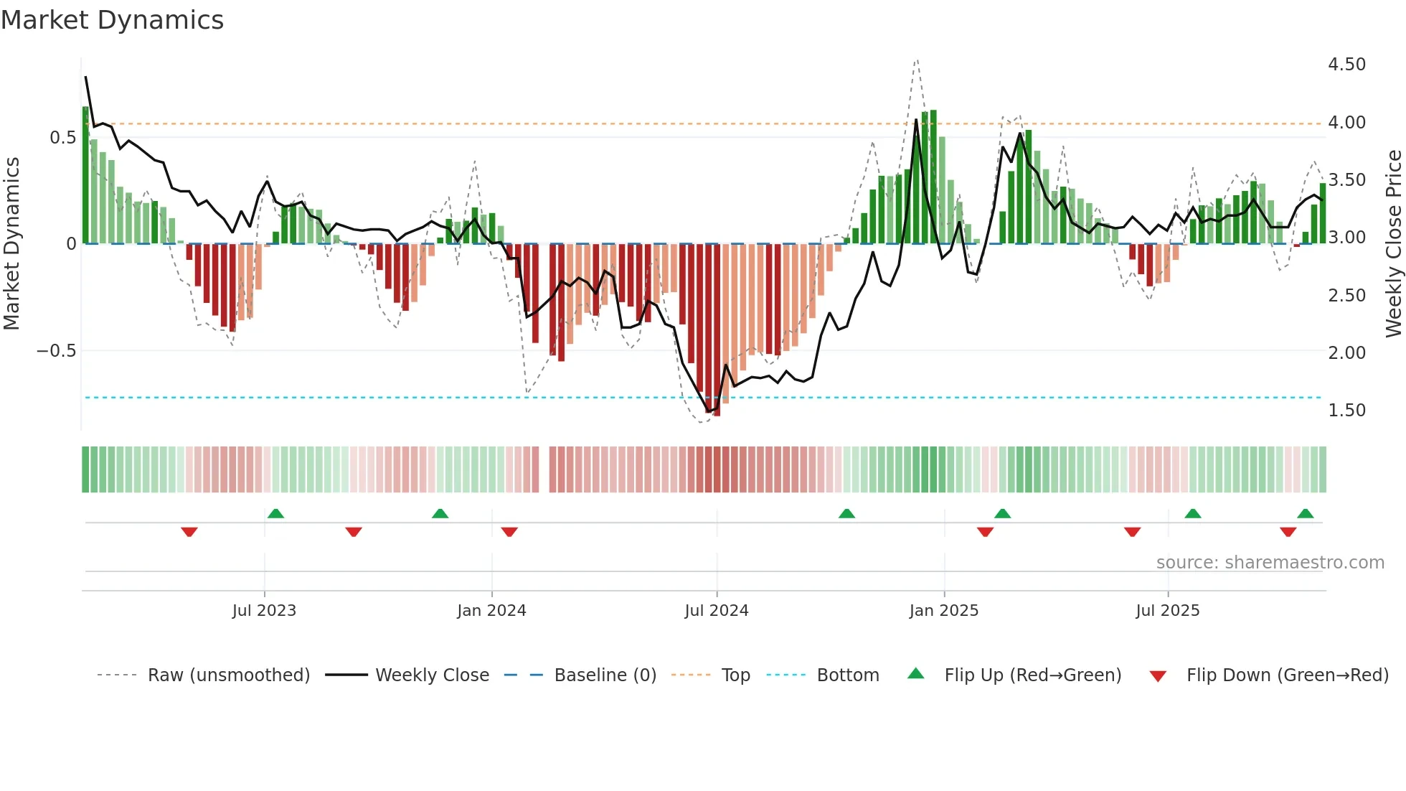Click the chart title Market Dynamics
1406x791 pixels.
(112, 20)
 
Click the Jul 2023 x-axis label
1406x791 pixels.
(264, 611)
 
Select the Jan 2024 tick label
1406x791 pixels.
(491, 611)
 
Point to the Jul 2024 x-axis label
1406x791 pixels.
(717, 611)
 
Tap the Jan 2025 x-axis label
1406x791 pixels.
(943, 611)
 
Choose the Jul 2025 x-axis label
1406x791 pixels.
(1167, 611)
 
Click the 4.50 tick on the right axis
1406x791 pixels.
(1346, 65)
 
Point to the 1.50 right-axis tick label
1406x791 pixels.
(1346, 411)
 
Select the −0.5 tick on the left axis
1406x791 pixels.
(56, 351)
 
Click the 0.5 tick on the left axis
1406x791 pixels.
(62, 138)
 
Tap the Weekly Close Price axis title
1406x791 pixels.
(1393, 243)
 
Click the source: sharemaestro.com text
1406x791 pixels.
(1270, 563)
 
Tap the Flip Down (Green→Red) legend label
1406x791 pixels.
(1287, 675)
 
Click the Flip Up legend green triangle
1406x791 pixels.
(916, 673)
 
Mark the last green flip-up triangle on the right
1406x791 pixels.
(1305, 514)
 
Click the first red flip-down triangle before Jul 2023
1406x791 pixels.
(189, 532)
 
